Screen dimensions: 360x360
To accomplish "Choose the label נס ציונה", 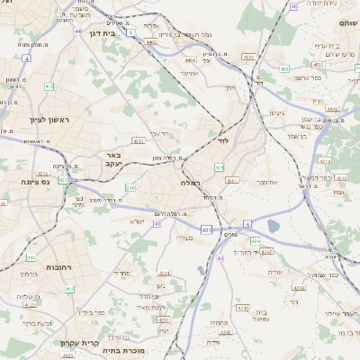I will click(35, 181).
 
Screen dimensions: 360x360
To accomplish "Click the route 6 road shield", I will click(247, 224).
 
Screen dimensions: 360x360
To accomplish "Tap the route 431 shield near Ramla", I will click(207, 230).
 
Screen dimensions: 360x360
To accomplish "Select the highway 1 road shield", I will click(130, 31).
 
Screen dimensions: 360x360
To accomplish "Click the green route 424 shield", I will click(255, 241).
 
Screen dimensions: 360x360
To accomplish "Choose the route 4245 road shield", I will click(241, 307).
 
